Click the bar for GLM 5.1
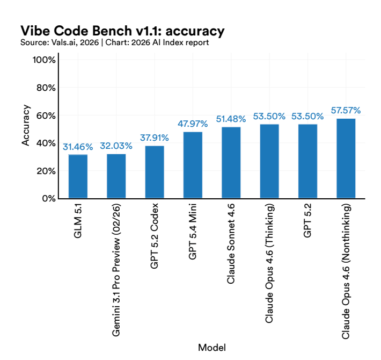click(78, 176)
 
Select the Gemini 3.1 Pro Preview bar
click(116, 176)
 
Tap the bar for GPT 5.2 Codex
click(155, 172)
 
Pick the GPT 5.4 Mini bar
click(193, 165)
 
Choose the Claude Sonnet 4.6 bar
click(231, 162)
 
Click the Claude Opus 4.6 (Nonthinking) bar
click(346, 159)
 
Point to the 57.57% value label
click(346, 110)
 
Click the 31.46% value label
click(78, 146)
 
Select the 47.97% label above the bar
click(193, 124)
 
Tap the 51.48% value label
click(231, 119)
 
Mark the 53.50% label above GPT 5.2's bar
click(307, 116)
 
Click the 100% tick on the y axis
click(45, 60)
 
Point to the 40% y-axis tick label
click(46, 143)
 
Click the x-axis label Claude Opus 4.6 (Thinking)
click(269, 263)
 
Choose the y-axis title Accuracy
click(26, 129)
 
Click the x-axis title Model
click(212, 348)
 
